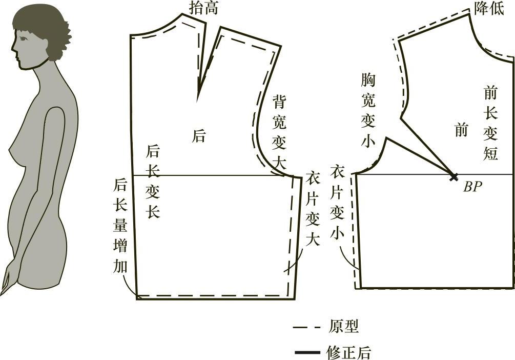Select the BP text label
coord(472,187)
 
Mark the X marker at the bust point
coord(454,177)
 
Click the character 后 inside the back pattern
coord(199,136)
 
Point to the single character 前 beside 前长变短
coord(461,130)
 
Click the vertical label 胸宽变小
coord(368,110)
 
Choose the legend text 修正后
coord(348,352)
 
